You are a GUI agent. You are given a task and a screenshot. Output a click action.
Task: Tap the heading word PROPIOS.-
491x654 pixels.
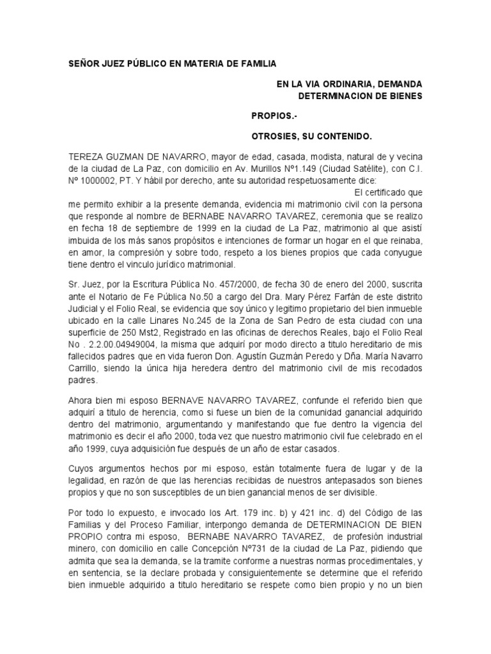(271, 117)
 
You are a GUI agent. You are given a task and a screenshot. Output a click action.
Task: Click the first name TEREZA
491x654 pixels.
(87, 158)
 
